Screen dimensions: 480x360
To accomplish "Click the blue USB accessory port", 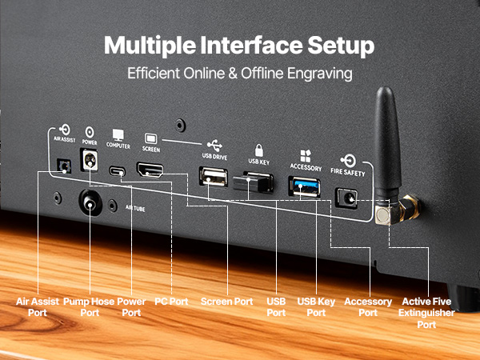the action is [x=305, y=186].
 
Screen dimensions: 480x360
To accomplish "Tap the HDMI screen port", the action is [x=150, y=170].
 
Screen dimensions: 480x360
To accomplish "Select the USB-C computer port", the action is [x=117, y=171].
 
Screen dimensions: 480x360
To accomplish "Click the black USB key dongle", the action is [x=253, y=182].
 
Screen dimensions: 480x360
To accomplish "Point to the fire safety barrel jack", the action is [x=347, y=198].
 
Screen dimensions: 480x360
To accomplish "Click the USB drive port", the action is [x=214, y=177].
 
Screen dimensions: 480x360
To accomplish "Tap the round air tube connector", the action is [x=90, y=202].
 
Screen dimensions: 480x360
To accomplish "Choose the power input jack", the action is [x=89, y=159].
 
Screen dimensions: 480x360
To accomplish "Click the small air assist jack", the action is [x=64, y=166].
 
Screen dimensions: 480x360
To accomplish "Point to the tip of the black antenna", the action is [x=385, y=89].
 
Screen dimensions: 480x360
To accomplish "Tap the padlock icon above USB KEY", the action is [x=259, y=150].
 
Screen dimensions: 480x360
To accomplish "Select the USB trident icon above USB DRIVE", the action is [x=214, y=146].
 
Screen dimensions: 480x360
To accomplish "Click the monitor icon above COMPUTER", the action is [x=118, y=135].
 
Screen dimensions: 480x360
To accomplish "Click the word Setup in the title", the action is [x=341, y=46].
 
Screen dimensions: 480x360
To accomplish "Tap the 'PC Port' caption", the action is [x=171, y=302].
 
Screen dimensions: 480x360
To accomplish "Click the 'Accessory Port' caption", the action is [x=368, y=307].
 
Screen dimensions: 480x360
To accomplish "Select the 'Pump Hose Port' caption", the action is [x=89, y=307].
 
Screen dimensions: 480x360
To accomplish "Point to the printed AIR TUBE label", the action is [x=135, y=209].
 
